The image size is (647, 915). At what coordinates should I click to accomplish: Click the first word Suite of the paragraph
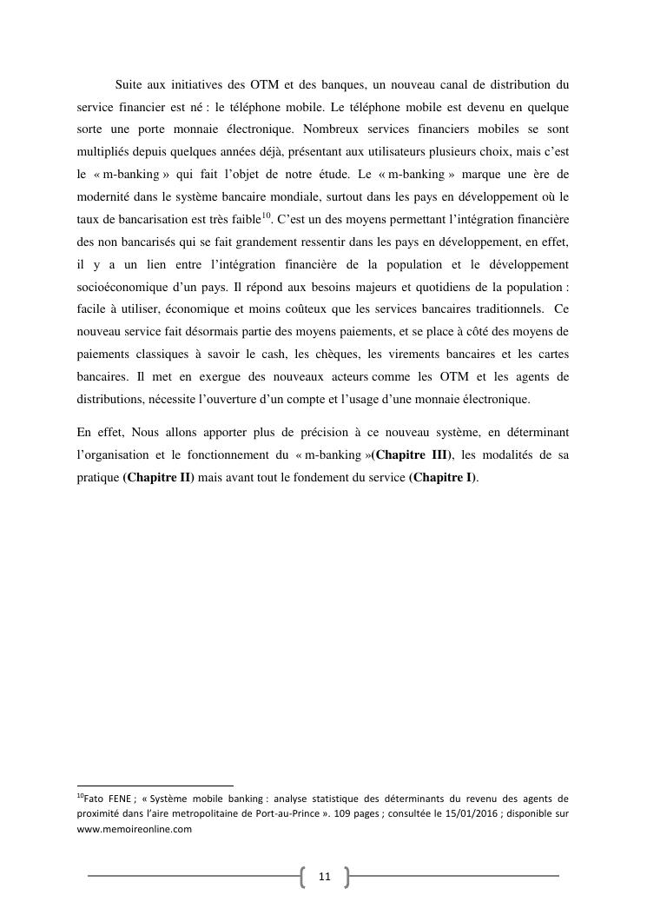(x=130, y=85)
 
